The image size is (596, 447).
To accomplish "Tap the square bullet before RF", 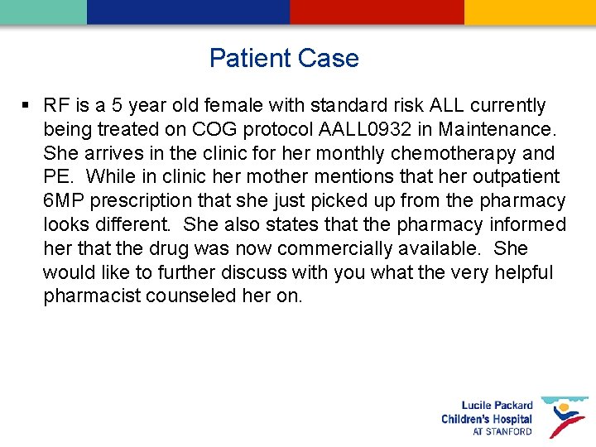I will (26, 105).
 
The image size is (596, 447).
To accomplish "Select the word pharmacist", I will (92, 296).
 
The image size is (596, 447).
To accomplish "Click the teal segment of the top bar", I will (43, 12).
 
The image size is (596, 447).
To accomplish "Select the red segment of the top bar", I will (377, 12).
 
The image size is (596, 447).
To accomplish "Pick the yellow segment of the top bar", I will (530, 12).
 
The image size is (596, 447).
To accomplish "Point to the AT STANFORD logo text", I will (502, 431).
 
